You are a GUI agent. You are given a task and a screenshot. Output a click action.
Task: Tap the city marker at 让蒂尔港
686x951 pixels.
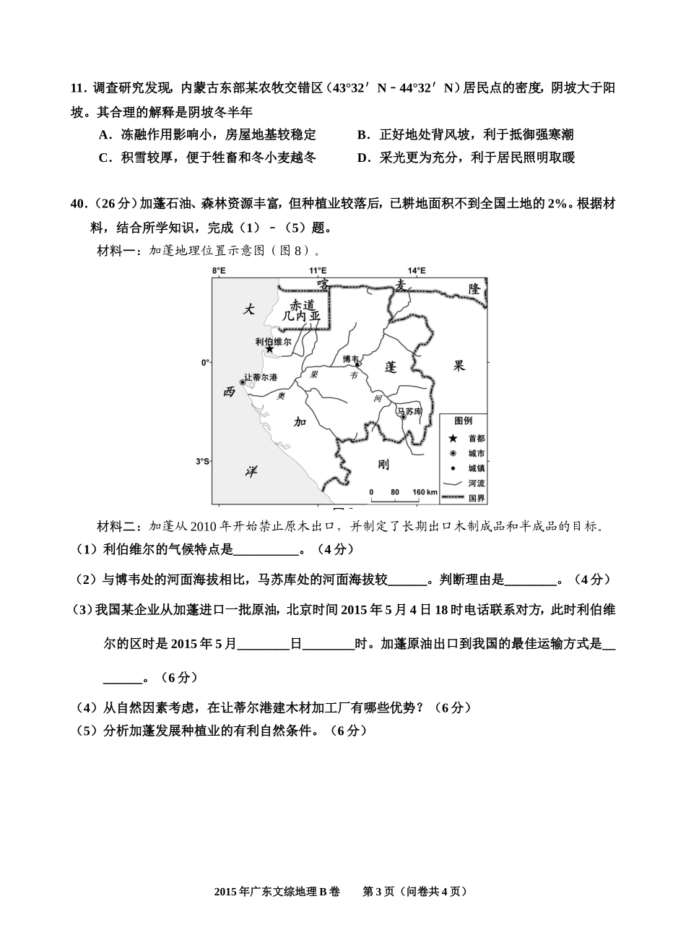[x=243, y=382]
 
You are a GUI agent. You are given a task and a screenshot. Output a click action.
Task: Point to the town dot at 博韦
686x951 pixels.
[x=357, y=365]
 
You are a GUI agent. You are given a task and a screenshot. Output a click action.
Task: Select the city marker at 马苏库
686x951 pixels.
[x=404, y=417]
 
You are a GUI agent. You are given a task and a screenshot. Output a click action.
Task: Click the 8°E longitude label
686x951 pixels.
[x=218, y=270]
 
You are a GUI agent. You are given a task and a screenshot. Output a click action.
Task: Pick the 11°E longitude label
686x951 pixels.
[x=318, y=270]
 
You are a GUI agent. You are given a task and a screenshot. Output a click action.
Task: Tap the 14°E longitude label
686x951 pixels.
[x=417, y=270]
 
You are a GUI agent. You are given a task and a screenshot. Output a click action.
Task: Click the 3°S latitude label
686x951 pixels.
[x=201, y=461]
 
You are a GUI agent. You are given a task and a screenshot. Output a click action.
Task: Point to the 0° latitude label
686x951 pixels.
[x=204, y=362]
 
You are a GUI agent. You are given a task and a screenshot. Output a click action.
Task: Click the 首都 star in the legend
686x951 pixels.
[x=453, y=438]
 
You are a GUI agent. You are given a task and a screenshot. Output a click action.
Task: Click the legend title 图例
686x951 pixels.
[x=463, y=421]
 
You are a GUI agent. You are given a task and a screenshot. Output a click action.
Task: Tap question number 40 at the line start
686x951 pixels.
[x=78, y=205]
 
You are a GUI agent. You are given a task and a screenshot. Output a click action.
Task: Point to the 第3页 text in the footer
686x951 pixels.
[x=378, y=892]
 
